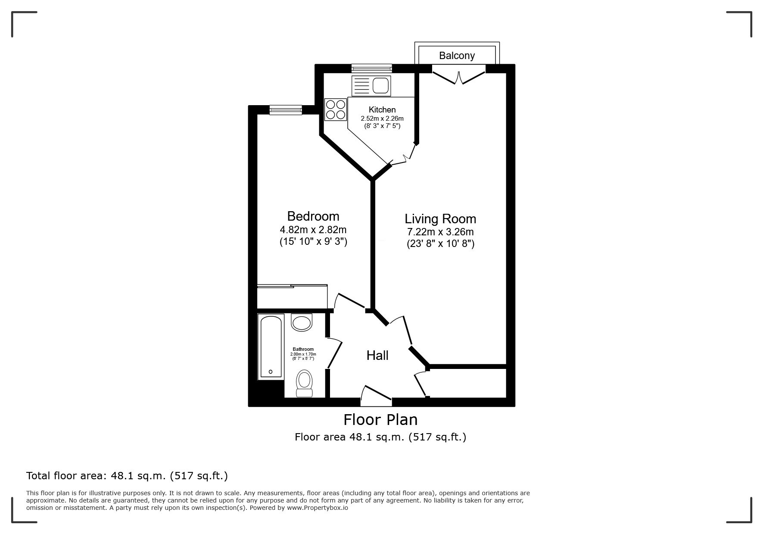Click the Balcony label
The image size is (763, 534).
pyautogui.click(x=457, y=56)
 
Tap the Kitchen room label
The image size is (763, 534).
pyautogui.click(x=382, y=110)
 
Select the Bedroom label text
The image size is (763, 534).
pyautogui.click(x=313, y=216)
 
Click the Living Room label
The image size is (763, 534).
pyautogui.click(x=440, y=219)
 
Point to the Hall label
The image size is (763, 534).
pyautogui.click(x=377, y=356)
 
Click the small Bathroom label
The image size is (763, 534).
pyautogui.click(x=303, y=349)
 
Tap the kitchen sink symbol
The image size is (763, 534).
pyautogui.click(x=371, y=86)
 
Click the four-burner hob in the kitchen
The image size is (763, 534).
pyautogui.click(x=336, y=109)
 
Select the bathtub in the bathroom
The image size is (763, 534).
pyautogui.click(x=271, y=347)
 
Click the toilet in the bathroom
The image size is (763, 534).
pyautogui.click(x=305, y=383)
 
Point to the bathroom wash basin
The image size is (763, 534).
pyautogui.click(x=302, y=322)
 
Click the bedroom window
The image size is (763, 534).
pyautogui.click(x=286, y=110)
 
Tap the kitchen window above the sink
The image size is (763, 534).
pyautogui.click(x=371, y=68)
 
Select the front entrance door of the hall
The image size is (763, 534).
pyautogui.click(x=376, y=396)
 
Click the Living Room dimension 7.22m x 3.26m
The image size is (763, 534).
pyautogui.click(x=441, y=232)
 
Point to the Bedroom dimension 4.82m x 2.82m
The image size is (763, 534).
pyautogui.click(x=313, y=229)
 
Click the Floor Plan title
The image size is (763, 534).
pyautogui.click(x=380, y=419)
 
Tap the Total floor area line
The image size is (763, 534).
pyautogui.click(x=127, y=476)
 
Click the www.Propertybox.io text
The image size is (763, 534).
pyautogui.click(x=318, y=508)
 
